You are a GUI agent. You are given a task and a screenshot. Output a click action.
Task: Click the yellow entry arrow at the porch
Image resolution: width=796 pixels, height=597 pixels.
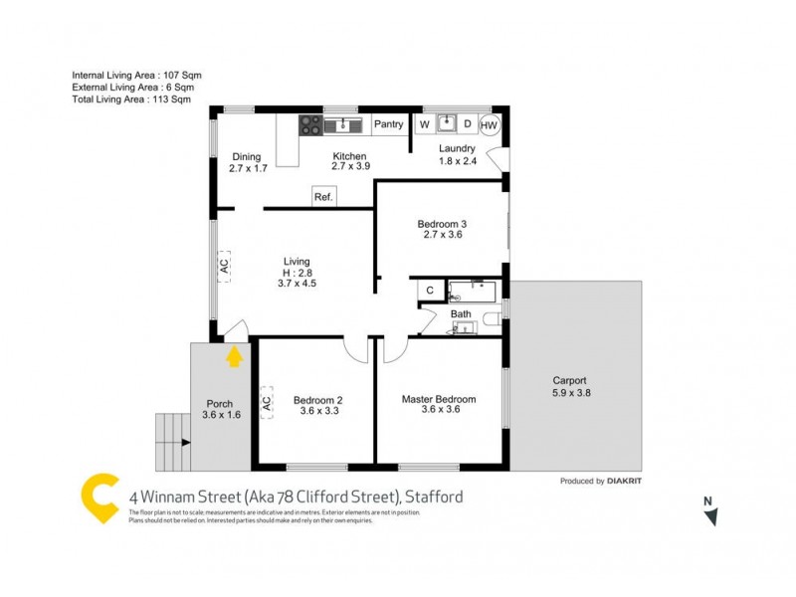coord(234,356)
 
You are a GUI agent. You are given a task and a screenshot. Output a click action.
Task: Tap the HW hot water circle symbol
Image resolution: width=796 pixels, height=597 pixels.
coord(490,125)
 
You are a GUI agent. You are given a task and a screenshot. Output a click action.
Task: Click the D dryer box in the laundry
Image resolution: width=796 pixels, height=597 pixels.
coord(466,125)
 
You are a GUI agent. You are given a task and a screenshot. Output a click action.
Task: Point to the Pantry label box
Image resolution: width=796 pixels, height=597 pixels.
coord(389,125)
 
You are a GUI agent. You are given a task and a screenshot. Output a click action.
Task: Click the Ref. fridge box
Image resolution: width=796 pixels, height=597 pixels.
coord(323,197)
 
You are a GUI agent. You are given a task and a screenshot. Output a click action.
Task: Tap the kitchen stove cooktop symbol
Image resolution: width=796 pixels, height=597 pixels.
coord(310,125)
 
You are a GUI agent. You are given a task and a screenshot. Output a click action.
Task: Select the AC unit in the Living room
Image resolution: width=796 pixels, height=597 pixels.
coord(224,266)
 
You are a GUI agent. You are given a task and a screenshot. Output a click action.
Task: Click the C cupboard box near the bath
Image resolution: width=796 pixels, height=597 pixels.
coord(430,290)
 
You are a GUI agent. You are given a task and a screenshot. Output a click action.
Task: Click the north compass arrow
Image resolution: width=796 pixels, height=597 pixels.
coord(709,515)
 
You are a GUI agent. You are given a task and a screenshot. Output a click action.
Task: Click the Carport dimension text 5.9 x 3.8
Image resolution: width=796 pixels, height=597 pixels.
coord(570,394)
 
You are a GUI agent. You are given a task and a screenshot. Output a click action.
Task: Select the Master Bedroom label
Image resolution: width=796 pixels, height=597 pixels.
coord(439,399)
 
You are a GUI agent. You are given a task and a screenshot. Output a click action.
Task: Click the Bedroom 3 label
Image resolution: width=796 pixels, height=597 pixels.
coord(442,225)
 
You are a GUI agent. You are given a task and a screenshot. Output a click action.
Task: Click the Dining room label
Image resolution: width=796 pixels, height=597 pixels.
coord(246,156)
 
